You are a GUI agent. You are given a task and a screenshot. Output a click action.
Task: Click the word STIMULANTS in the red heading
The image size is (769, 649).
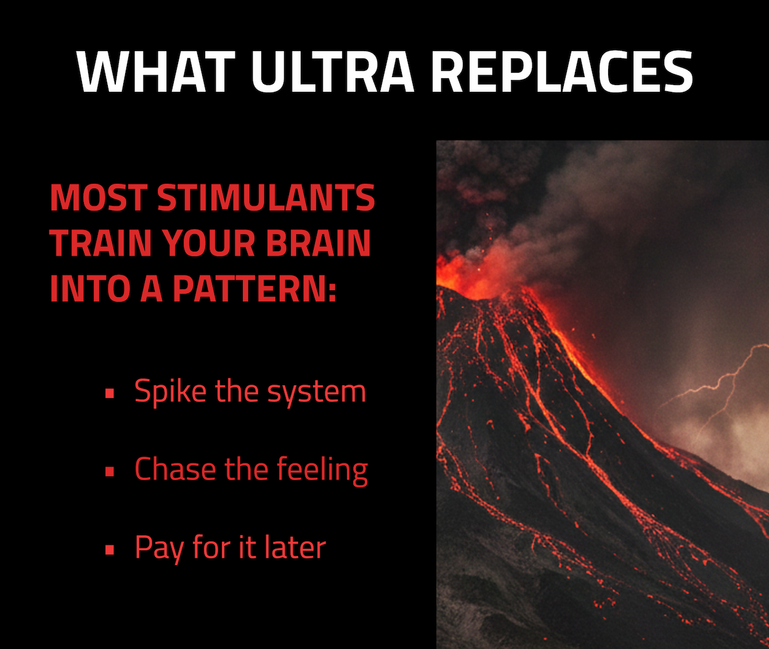[x=266, y=198]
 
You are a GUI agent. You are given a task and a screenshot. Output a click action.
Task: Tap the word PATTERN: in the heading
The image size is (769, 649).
[x=254, y=289]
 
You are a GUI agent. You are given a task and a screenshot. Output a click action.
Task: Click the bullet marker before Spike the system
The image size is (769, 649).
[x=110, y=393]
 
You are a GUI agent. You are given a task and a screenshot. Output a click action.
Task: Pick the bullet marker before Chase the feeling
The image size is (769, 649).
[x=110, y=471]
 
